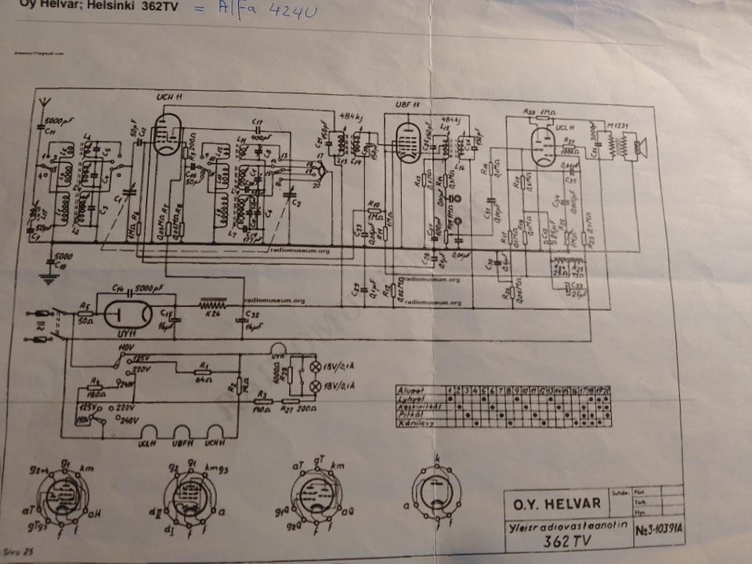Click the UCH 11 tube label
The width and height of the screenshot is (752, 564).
point(168,96)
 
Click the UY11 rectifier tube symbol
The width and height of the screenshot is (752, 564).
point(128,313)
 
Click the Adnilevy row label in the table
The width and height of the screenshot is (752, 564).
point(415,423)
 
